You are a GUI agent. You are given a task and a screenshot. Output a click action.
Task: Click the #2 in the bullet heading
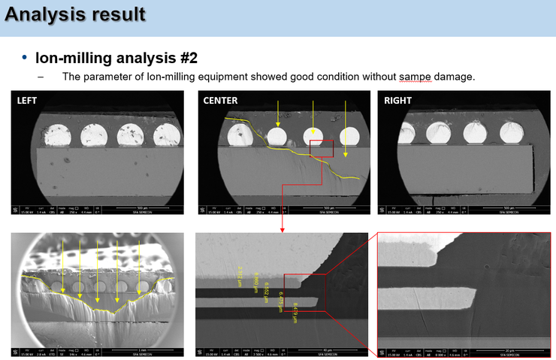[185, 57]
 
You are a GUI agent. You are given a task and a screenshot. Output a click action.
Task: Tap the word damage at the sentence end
[454, 77]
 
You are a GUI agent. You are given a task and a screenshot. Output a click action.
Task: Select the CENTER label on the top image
[220, 101]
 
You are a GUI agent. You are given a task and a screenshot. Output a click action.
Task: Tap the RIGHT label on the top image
[397, 101]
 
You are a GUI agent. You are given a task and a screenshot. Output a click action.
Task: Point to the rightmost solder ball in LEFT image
[166, 135]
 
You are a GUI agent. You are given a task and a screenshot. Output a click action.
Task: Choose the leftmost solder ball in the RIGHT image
[437, 133]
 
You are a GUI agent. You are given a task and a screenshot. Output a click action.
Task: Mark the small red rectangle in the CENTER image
[322, 147]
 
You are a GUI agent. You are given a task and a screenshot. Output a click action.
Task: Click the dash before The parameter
[41, 77]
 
